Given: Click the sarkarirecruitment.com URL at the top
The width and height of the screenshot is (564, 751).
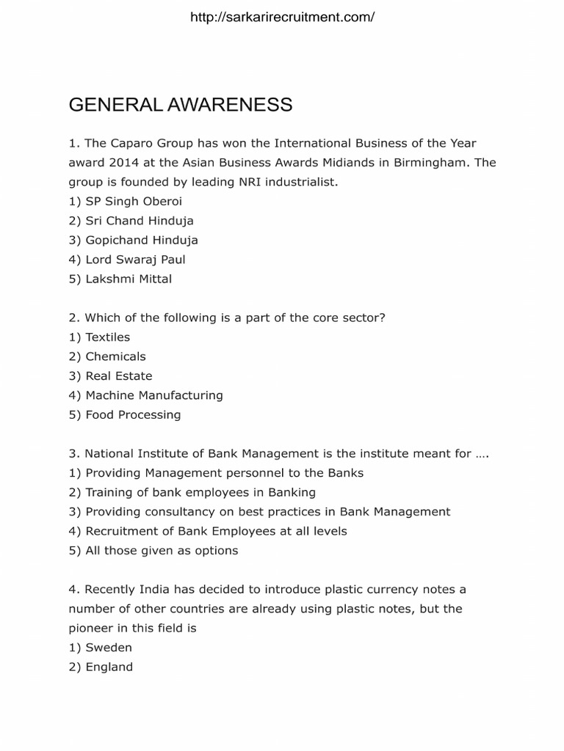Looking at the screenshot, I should pyautogui.click(x=282, y=18).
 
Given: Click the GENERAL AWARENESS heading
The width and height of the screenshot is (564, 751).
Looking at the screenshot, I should pyautogui.click(x=181, y=105).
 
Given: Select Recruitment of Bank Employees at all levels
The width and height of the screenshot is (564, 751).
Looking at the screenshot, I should pyautogui.click(x=208, y=531).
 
